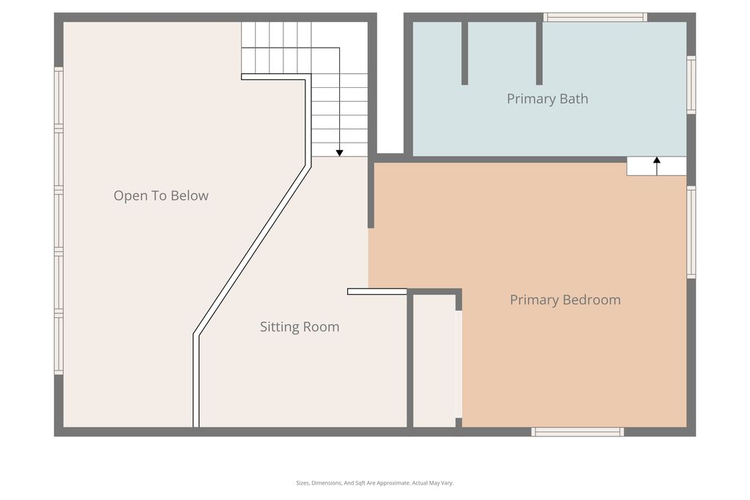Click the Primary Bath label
547,99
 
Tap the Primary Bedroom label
565,299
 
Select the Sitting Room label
300,327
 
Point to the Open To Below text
160,195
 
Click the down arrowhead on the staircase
339,153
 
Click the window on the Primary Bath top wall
595,17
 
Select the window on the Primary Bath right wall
691,84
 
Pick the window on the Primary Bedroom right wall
691,232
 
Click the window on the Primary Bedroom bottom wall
577,432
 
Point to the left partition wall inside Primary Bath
464,53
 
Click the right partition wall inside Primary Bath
539,53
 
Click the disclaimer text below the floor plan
374,483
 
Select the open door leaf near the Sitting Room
376,291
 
